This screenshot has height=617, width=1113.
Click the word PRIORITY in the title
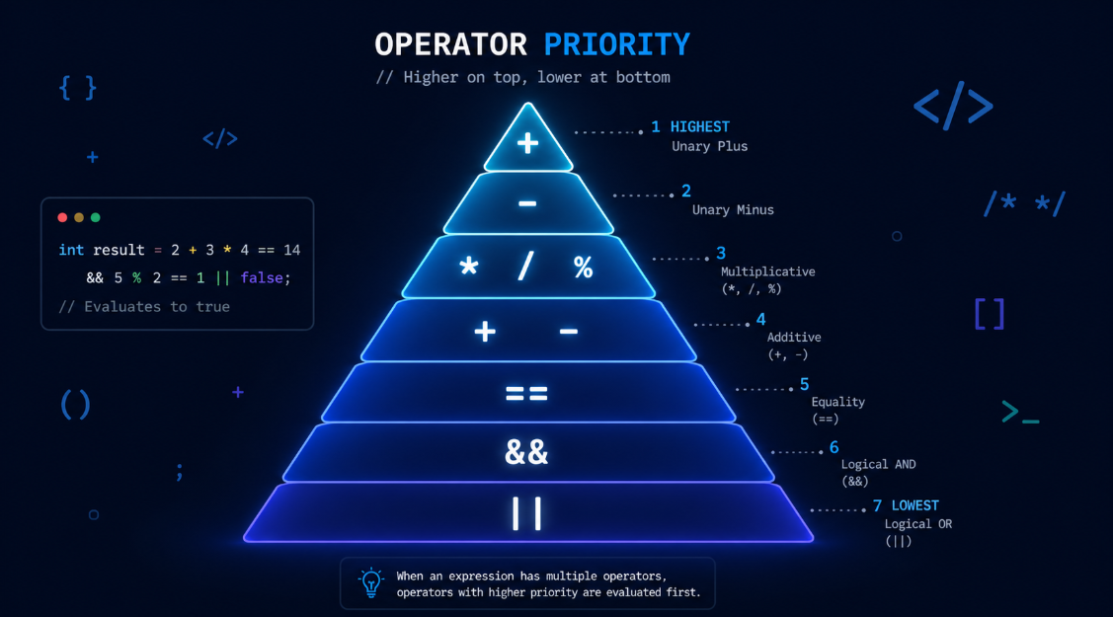point(616,44)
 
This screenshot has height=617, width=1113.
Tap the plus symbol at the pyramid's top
point(527,143)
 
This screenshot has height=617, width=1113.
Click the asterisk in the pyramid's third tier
point(469,267)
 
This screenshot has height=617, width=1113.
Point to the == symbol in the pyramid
point(526,393)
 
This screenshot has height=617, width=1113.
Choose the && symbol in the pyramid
point(526,452)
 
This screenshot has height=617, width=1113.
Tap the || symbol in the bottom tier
point(526,513)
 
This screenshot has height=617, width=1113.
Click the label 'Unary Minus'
point(733,209)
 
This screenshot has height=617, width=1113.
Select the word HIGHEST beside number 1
point(699,126)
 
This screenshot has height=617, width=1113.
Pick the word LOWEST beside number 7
point(915,505)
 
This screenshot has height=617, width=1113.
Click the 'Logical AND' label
point(878,464)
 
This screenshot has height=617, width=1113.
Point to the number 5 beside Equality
point(804,384)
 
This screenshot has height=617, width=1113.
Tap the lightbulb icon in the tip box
point(370,582)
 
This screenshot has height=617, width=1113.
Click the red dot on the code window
point(63,217)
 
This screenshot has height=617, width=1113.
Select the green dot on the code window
point(96,217)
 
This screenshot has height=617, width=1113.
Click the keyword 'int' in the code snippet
point(71,251)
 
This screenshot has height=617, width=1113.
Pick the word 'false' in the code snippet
point(263,278)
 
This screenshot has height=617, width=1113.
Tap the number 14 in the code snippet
point(291,251)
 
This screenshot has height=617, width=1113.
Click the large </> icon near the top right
point(952,106)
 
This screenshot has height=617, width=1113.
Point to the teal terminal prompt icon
point(1019,413)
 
